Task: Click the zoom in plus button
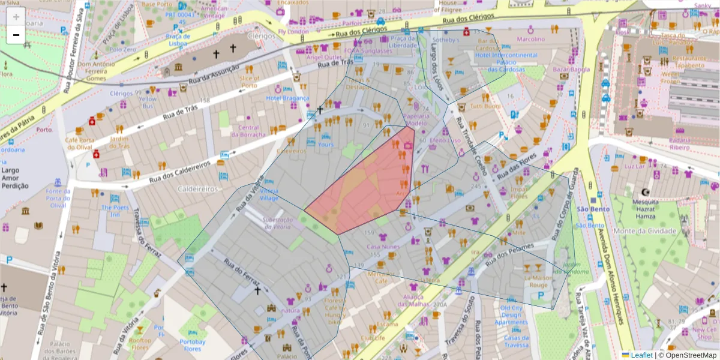16,17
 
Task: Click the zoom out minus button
16,35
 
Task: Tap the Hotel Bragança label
287,98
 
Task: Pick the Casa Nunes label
383,247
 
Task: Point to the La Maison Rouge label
539,281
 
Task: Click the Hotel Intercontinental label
506,55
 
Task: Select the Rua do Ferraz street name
241,273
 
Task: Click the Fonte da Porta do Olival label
58,198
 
